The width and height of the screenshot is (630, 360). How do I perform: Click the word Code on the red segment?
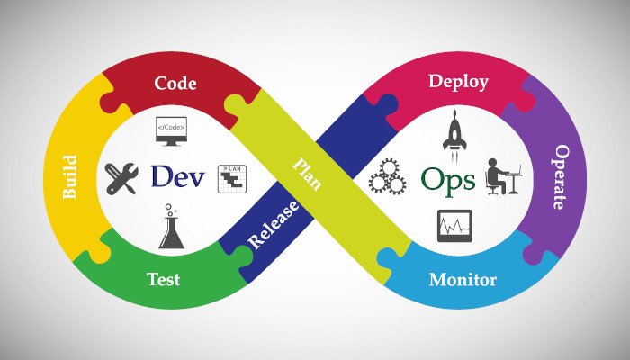[x=175, y=83]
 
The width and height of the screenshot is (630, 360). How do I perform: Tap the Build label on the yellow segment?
[x=70, y=177]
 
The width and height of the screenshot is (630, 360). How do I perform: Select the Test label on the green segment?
[x=164, y=279]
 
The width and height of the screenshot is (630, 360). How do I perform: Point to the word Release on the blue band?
[x=274, y=225]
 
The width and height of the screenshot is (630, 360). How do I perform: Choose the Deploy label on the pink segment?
[x=458, y=82]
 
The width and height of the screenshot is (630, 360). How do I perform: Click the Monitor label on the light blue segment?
[x=463, y=279]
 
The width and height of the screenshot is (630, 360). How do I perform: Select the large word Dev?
[x=177, y=176]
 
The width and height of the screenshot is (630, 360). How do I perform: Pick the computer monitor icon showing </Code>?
[x=171, y=131]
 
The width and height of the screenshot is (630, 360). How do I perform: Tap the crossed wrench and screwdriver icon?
[x=121, y=178]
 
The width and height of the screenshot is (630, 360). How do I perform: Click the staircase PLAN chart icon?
[x=232, y=179]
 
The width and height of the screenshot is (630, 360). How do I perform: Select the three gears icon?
[x=387, y=176]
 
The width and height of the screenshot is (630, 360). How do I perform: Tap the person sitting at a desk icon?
[x=503, y=176]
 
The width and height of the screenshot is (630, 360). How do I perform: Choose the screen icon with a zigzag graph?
[x=454, y=226]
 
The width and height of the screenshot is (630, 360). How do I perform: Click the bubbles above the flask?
[x=170, y=209]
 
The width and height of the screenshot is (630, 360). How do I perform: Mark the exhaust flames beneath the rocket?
[x=454, y=157]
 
